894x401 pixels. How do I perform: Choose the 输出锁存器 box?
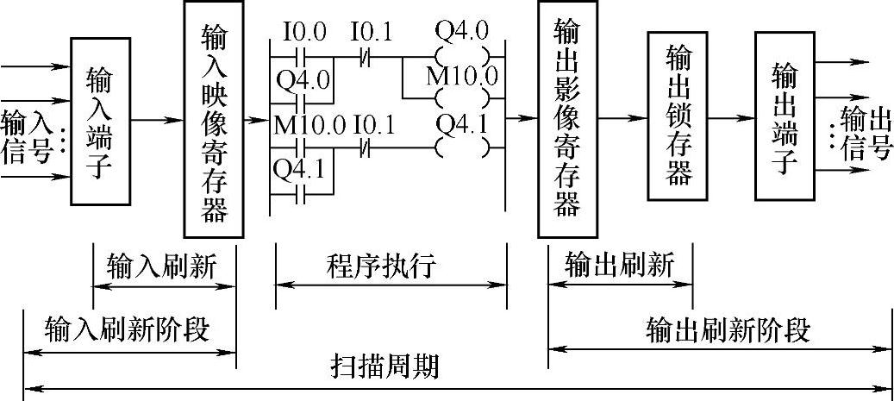click(x=679, y=117)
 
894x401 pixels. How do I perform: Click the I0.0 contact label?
click(x=304, y=33)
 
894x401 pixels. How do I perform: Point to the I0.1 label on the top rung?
click(x=371, y=33)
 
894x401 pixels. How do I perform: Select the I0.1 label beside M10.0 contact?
click(x=373, y=126)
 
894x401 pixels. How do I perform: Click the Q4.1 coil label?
click(x=461, y=126)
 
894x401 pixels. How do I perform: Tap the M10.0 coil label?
click(x=461, y=76)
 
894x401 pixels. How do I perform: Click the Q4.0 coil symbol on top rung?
click(x=461, y=59)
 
